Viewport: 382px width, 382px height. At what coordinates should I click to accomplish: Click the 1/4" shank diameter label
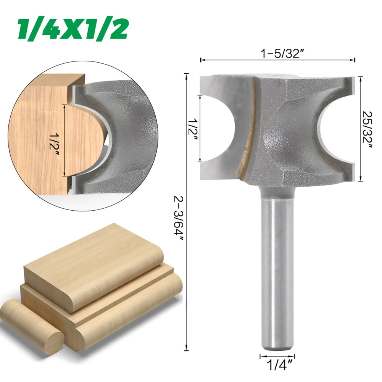(278, 365)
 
